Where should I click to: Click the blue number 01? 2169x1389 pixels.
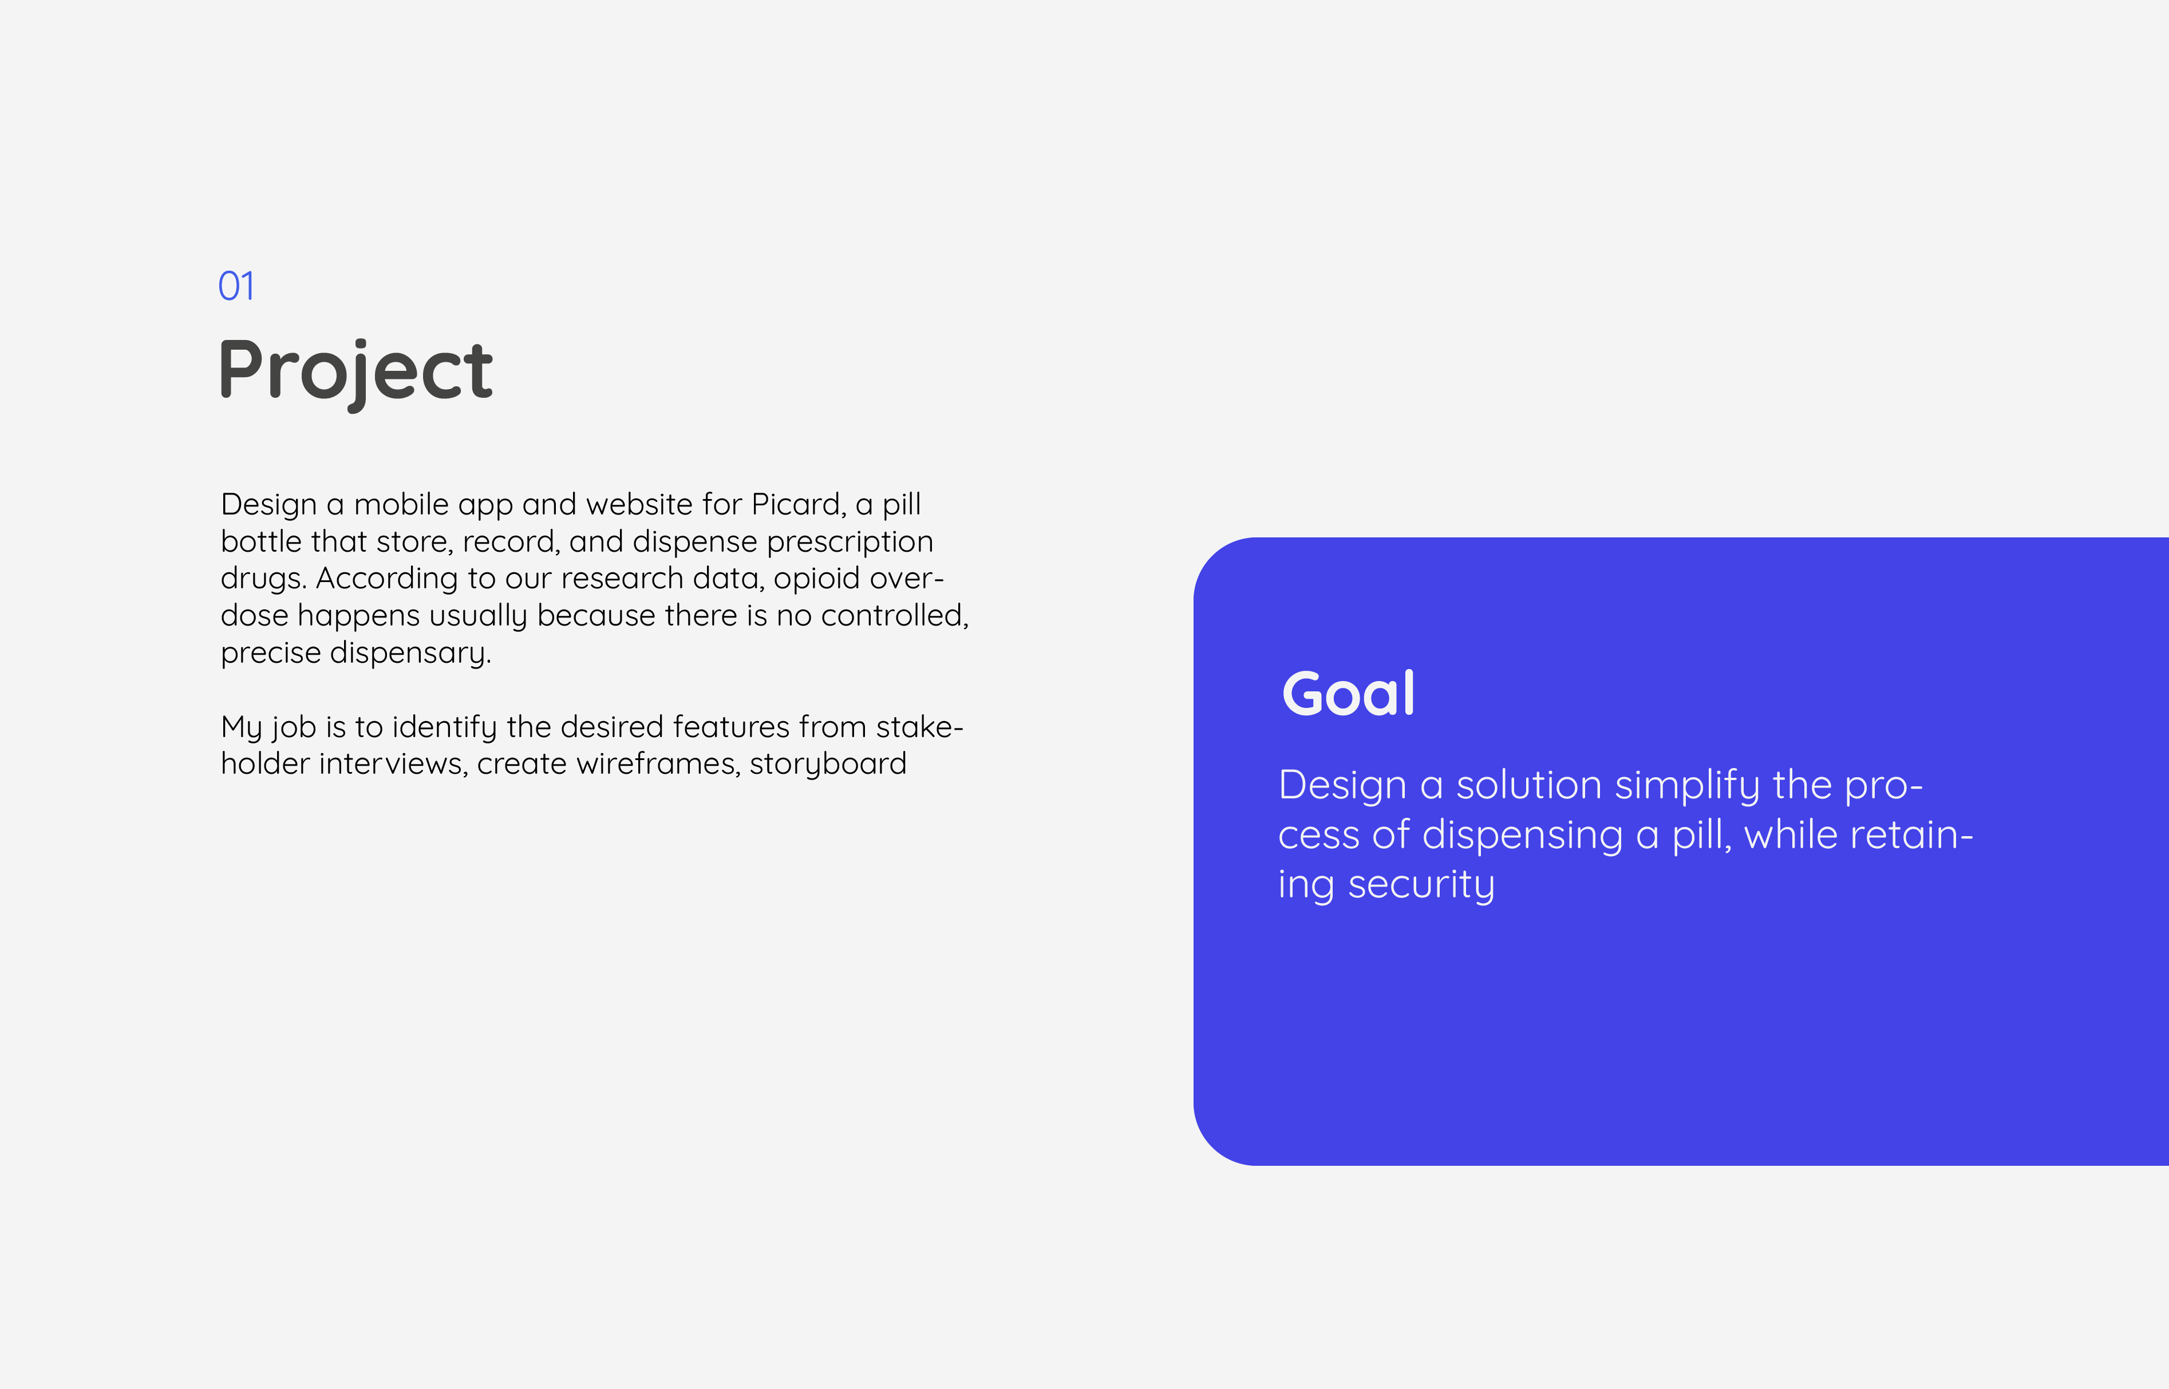coord(236,286)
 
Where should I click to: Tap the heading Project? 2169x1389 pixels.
coord(355,371)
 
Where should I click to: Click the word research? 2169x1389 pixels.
coord(622,578)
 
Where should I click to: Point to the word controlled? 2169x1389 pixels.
coord(894,616)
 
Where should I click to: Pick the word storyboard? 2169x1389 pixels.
coord(828,765)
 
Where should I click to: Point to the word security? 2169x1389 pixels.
coord(1421,886)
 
